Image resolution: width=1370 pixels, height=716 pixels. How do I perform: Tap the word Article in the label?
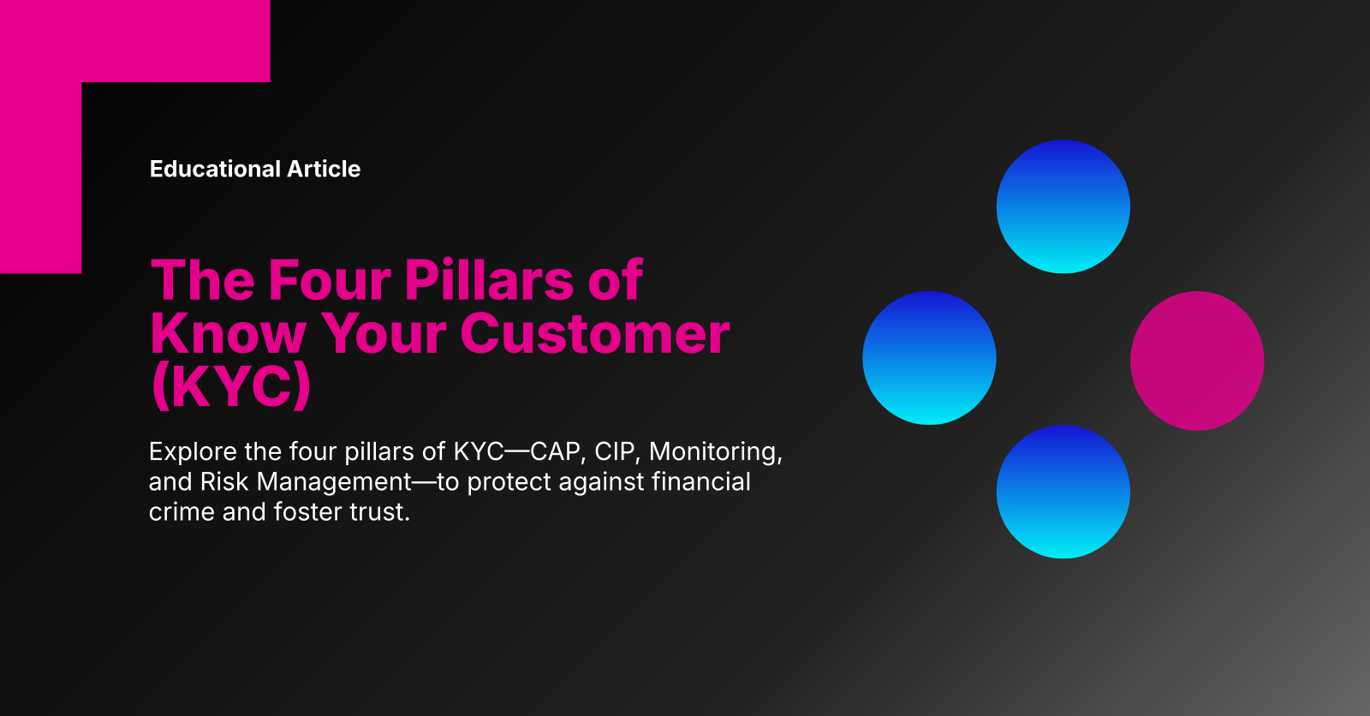coord(324,169)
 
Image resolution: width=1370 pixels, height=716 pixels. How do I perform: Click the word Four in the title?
coord(329,280)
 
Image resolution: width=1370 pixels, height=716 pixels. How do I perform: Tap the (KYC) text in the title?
coord(231,386)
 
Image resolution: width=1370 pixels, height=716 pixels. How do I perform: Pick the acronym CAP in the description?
coord(557,451)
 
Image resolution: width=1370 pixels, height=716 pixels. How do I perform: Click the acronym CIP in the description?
coord(616,451)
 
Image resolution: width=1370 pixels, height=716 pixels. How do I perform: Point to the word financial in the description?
coord(701,481)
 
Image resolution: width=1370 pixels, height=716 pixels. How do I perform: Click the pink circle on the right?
coord(1196,361)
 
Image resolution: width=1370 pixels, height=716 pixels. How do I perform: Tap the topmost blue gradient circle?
coord(1063,206)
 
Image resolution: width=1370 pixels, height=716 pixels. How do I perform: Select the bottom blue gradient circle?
coord(1063,492)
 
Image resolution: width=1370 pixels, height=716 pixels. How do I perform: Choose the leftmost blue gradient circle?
coord(929,358)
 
